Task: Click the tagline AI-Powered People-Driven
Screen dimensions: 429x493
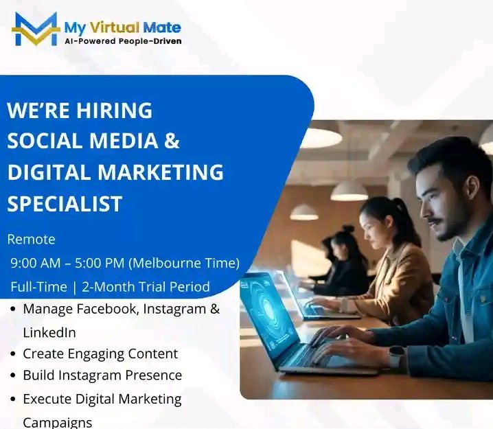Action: [x=123, y=41]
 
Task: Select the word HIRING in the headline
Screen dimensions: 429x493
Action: [x=115, y=111]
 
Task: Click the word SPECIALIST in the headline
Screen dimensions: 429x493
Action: [x=65, y=203]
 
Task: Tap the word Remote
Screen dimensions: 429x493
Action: [x=31, y=240]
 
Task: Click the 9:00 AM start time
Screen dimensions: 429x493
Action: [x=38, y=263]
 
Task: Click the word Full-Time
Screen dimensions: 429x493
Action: [x=38, y=286]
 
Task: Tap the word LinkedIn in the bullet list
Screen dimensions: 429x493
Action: [x=49, y=332]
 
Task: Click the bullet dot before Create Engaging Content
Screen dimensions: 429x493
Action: [x=14, y=355]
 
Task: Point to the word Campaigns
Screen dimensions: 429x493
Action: [x=57, y=422]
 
